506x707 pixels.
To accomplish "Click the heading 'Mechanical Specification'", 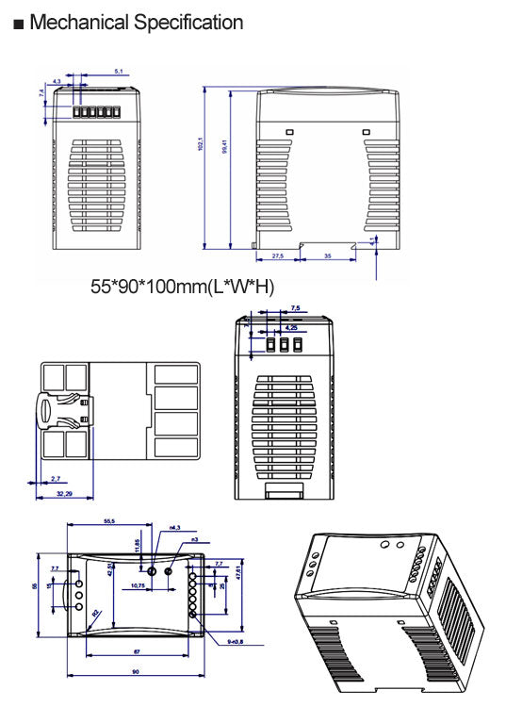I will click(136, 23).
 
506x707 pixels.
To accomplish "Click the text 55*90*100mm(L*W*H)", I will click(182, 286).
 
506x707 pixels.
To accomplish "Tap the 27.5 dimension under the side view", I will click(278, 255).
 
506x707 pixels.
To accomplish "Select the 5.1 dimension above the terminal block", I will click(118, 71).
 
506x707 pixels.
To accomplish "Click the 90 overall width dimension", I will click(137, 671).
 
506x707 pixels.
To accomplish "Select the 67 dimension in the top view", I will click(137, 651).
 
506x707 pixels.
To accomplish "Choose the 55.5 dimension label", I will click(108, 521).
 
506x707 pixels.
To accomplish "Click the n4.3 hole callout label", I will click(174, 529).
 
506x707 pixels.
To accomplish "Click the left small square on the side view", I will click(290, 132).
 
